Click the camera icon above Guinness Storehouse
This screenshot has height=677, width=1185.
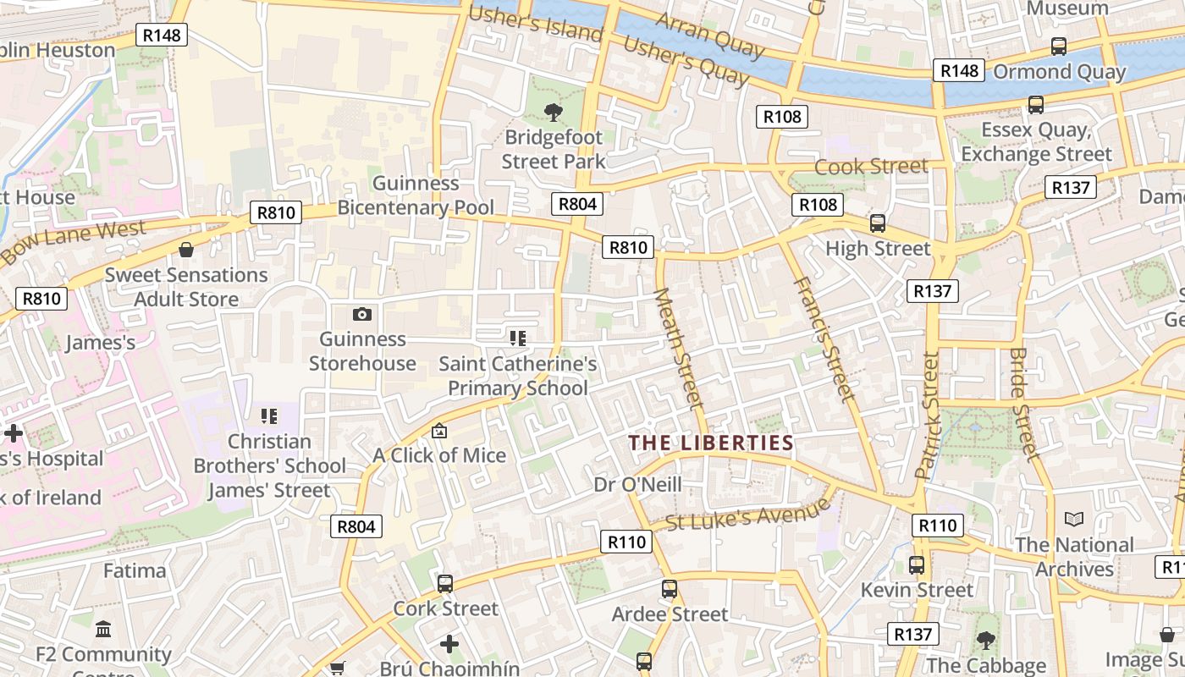point(362,315)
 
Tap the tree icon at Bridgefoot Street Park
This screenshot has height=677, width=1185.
point(554,112)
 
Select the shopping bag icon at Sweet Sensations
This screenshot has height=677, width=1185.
point(186,250)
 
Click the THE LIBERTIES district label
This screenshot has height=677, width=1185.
point(711,443)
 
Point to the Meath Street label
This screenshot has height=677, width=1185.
point(679,348)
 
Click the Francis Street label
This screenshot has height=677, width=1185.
point(823,338)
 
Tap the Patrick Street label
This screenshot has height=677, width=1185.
point(928,416)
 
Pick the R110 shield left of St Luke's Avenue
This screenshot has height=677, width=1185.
point(627,542)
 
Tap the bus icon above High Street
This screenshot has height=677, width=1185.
point(878,224)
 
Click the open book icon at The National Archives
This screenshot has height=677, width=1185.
point(1074,519)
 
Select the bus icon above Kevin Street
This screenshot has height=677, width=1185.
point(917,564)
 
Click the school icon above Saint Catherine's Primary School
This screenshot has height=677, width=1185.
point(518,339)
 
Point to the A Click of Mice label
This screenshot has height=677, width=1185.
point(439,455)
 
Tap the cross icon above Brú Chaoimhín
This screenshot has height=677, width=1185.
point(449,644)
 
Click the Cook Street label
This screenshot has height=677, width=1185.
point(871,167)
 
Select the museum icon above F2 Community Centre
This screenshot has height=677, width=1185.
point(103,630)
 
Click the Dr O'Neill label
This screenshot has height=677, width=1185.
point(637,485)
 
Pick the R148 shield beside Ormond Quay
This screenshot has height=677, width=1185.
point(960,71)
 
